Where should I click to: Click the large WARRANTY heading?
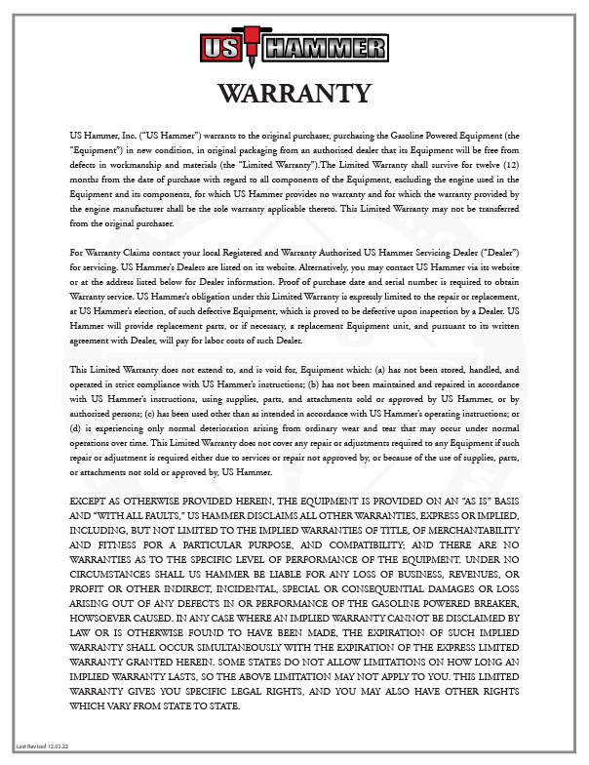pyautogui.click(x=294, y=94)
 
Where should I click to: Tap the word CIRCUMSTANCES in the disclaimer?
pyautogui.click(x=122, y=572)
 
